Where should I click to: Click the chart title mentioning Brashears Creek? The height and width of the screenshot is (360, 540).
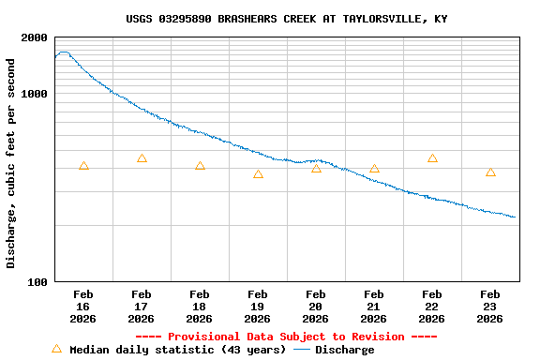286,19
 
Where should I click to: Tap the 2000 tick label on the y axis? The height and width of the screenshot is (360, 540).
35,38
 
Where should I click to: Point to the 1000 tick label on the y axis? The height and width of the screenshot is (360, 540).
35,95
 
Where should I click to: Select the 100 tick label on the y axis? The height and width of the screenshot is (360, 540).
38,282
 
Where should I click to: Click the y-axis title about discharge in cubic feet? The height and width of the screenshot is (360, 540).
11,163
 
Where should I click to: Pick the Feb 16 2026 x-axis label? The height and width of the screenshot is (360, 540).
83,307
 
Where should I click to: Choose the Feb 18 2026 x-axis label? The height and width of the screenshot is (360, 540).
200,307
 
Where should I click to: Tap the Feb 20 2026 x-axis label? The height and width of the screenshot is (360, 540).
316,307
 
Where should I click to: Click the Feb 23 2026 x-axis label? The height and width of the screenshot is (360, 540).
490,307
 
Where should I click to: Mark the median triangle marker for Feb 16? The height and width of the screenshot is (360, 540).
83,166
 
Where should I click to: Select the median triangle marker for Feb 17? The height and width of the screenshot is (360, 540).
142,158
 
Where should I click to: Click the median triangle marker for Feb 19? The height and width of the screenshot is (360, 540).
258,174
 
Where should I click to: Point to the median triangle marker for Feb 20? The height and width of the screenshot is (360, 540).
316,168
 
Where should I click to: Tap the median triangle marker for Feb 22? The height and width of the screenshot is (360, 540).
432,158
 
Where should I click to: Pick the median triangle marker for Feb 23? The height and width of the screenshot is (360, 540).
490,172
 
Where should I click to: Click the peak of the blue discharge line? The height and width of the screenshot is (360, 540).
63,52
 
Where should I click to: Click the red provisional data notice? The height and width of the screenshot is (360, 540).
286,337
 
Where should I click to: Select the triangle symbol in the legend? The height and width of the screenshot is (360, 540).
56,349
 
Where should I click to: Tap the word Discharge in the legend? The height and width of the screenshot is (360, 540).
344,350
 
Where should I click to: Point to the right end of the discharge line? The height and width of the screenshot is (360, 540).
515,217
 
